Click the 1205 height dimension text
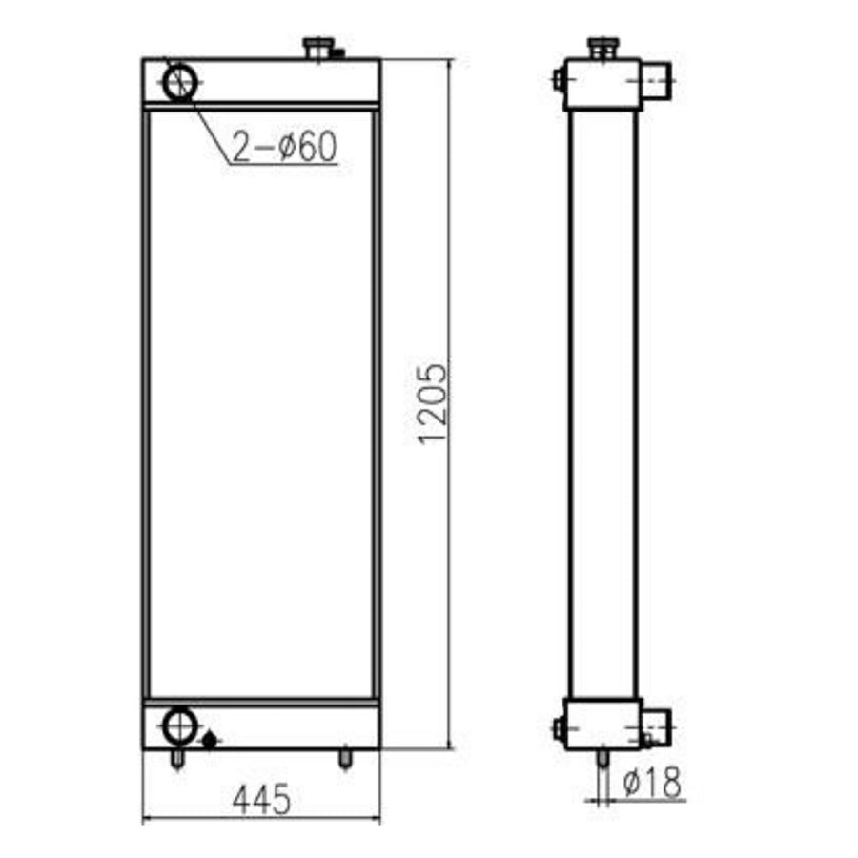[x=433, y=402]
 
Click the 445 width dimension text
[x=260, y=800]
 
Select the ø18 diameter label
[x=653, y=783]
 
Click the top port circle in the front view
[x=179, y=82]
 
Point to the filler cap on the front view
[x=318, y=47]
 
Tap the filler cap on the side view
[x=603, y=47]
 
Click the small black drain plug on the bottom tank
[x=210, y=739]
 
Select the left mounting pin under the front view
[x=176, y=758]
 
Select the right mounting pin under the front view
[x=344, y=758]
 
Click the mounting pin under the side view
[x=603, y=759]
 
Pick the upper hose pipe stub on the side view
[x=656, y=82]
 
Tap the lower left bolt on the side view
[x=557, y=729]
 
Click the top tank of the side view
[x=602, y=84]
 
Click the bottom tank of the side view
[x=602, y=725]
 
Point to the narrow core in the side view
[x=602, y=400]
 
